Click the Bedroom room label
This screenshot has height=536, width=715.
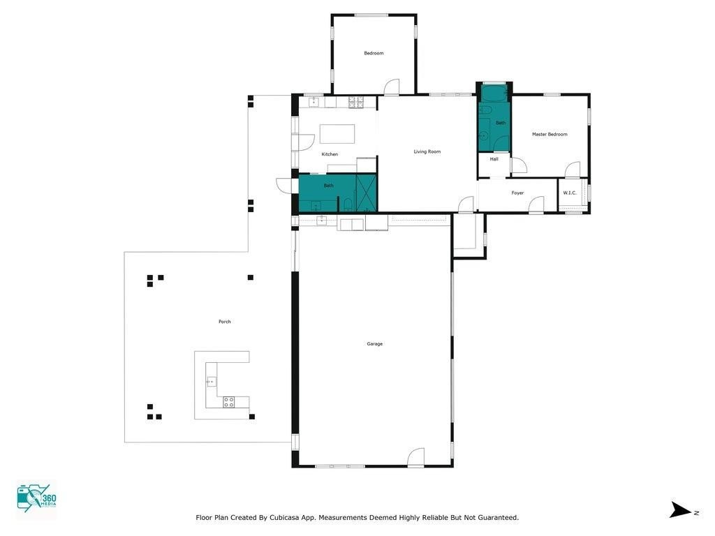(374, 53)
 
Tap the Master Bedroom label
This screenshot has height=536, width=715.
(550, 135)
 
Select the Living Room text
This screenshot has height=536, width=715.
(427, 151)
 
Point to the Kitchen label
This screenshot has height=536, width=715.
(330, 154)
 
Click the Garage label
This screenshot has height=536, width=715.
(375, 344)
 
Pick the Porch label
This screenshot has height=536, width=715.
(224, 322)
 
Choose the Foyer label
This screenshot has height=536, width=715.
(517, 193)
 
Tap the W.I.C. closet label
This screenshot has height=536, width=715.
(570, 193)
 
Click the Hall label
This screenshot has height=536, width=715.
(494, 160)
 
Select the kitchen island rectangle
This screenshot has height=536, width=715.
(337, 134)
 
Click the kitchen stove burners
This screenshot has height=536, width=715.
(356, 102)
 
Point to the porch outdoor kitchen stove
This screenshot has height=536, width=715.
(228, 402)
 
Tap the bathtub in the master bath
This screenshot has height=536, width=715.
(494, 93)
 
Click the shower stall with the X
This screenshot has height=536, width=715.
(366, 193)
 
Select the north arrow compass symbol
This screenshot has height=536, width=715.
(680, 510)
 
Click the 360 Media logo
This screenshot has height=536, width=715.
(36, 498)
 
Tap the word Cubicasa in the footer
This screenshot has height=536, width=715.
(284, 518)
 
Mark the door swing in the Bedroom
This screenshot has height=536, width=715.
(392, 87)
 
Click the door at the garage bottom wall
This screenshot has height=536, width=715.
(415, 458)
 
